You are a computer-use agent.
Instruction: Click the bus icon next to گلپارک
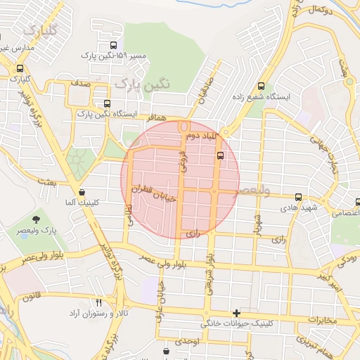(20, 69)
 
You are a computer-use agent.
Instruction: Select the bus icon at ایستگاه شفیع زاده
(262, 84)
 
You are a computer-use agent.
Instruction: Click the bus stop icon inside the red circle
(220, 155)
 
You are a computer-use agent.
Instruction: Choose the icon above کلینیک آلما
(82, 191)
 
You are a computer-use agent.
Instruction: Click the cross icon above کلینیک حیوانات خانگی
(236, 313)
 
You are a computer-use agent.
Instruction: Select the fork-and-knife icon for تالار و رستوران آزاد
(98, 302)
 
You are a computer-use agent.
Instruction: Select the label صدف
(79, 82)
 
